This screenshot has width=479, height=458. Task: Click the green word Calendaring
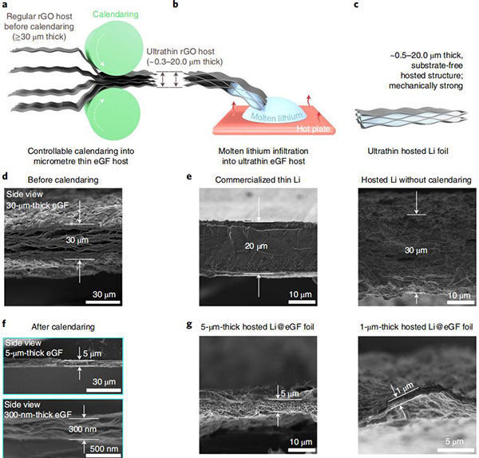pos(116,14)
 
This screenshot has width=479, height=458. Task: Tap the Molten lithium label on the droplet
pos(277,116)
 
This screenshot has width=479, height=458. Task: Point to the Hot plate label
pos(313,128)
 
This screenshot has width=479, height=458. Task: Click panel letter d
pos(5,177)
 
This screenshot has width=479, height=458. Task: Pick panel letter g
pos(189,325)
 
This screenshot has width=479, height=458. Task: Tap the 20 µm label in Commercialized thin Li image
pos(256,246)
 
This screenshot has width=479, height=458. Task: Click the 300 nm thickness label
pos(82,429)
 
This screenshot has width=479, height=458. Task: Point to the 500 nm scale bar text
pos(104,448)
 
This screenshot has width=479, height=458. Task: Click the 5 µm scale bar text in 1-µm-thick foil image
pos(454,441)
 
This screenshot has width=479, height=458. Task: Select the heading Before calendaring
pos(63,180)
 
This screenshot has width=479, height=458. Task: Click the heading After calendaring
pos(63,327)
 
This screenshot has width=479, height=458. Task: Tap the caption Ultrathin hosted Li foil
pos(408,151)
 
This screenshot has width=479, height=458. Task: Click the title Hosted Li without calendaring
pos(416,180)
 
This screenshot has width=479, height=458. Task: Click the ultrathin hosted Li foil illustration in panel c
pos(411,117)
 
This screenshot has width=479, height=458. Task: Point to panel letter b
pos(176,4)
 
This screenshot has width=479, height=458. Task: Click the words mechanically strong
pos(426,86)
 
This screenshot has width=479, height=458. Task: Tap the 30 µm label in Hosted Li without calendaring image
pos(416,251)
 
